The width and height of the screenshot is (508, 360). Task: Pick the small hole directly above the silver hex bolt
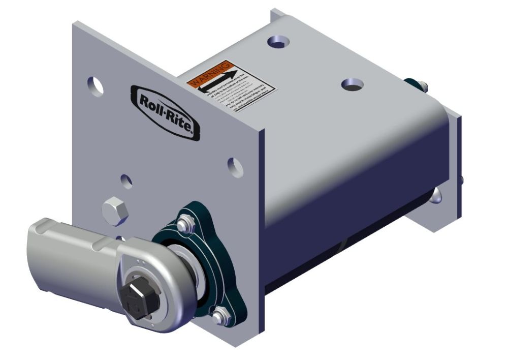126,181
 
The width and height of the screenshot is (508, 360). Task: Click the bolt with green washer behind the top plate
414,85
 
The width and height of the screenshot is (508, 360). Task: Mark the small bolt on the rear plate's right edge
461,181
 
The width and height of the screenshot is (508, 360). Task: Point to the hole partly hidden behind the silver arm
120,237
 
